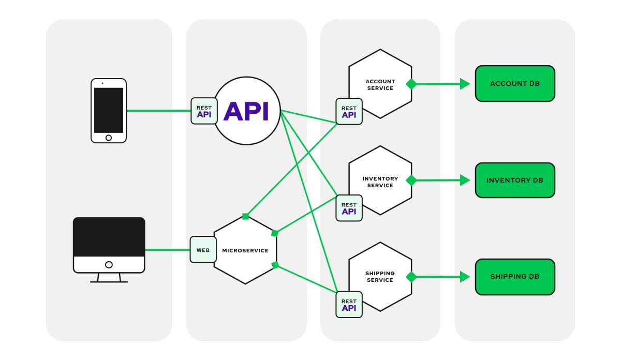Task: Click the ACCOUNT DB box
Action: (515, 83)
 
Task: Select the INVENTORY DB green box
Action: (515, 180)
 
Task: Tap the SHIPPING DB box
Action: (515, 277)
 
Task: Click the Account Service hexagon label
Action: (380, 85)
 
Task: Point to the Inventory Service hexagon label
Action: (380, 182)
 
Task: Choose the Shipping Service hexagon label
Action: (380, 277)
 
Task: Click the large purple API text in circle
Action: (246, 111)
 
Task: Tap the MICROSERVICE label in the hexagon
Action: (245, 250)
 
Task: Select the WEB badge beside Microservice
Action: (203, 250)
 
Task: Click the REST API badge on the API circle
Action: (204, 111)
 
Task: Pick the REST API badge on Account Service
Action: (349, 112)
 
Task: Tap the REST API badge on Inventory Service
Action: (349, 208)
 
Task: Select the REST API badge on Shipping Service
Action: (349, 305)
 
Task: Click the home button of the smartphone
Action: (109, 138)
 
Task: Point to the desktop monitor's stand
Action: (109, 278)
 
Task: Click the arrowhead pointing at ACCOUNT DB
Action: (465, 83)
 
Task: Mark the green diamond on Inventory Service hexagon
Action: (411, 180)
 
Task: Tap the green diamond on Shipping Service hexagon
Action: (411, 277)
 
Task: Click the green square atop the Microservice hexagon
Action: (246, 216)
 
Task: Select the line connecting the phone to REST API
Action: (158, 110)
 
